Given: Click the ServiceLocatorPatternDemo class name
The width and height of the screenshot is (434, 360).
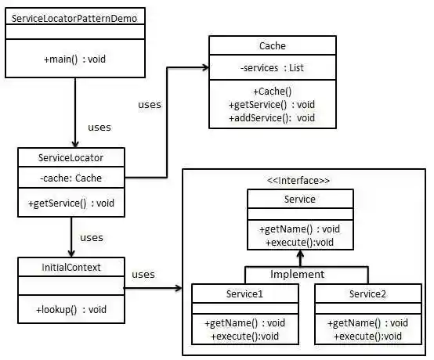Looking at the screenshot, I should pyautogui.click(x=74, y=17).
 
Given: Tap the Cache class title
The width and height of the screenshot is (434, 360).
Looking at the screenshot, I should pyautogui.click(x=272, y=46).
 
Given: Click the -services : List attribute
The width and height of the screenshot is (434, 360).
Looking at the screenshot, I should pyautogui.click(x=272, y=68).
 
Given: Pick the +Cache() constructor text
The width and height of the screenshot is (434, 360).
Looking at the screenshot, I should pyautogui.click(x=272, y=92).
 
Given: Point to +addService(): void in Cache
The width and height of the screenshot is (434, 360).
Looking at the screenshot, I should pyautogui.click(x=272, y=117).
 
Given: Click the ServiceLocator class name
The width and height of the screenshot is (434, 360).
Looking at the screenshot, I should pyautogui.click(x=71, y=157).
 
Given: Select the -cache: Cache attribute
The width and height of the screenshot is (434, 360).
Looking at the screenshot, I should pyautogui.click(x=71, y=178).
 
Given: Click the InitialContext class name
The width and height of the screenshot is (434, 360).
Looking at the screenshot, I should pyautogui.click(x=70, y=268).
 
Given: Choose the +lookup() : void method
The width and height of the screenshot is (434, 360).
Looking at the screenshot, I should pyautogui.click(x=71, y=309).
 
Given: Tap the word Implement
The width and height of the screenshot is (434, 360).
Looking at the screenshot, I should pyautogui.click(x=298, y=274).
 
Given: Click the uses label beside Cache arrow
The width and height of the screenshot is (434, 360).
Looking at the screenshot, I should pyautogui.click(x=150, y=104).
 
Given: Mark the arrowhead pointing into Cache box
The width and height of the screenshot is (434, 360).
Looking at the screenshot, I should pyautogui.click(x=203, y=68).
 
